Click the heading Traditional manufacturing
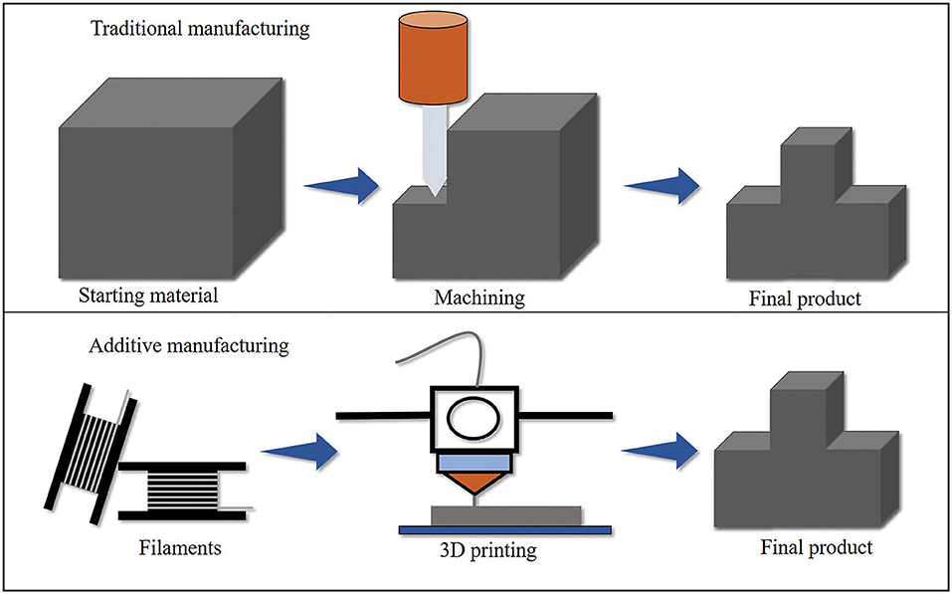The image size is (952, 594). pyautogui.click(x=199, y=28)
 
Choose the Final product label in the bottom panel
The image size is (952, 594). pyautogui.click(x=816, y=547)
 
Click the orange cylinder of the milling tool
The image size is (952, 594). pyautogui.click(x=438, y=61)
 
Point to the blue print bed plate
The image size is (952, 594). pyautogui.click(x=505, y=528)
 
